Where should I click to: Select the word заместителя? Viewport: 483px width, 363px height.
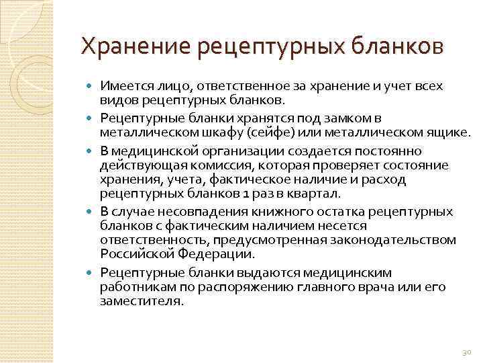[x=140, y=302]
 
